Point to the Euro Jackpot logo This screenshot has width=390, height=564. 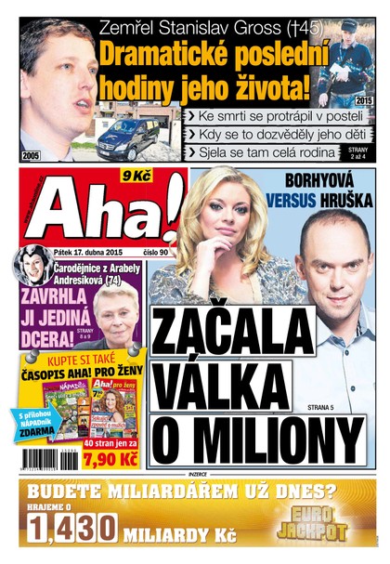click(315, 523)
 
